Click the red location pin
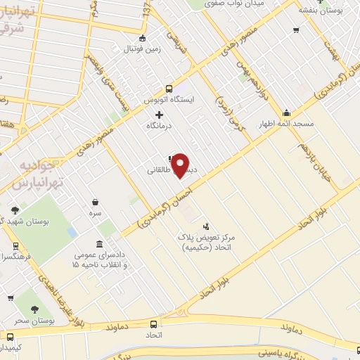pos(181,165)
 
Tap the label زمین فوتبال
pos(143,49)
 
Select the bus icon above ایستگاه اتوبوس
pos(169,89)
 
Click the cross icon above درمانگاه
pos(159,115)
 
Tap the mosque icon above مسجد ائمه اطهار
pos(287,112)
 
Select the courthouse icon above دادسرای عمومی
pos(86,246)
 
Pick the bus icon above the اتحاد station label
pos(155,324)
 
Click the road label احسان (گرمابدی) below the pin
pos(163,201)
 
